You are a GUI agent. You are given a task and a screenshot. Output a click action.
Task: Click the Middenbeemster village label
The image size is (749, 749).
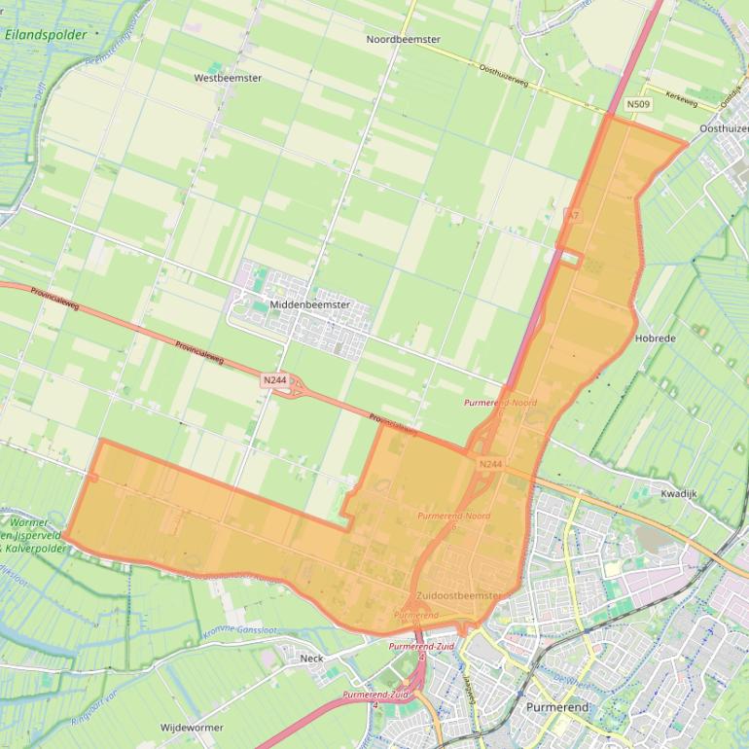[309, 304]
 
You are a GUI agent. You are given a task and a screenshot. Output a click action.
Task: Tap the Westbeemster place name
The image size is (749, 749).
[228, 78]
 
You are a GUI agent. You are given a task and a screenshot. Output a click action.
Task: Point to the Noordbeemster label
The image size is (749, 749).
[403, 40]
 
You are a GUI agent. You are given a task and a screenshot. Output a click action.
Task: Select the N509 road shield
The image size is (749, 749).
[638, 104]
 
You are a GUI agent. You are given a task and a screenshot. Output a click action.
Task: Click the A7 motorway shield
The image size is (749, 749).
[573, 215]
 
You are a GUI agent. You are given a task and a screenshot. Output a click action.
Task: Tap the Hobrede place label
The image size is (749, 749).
[655, 339]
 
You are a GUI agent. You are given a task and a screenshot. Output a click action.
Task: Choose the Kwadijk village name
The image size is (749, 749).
[679, 493]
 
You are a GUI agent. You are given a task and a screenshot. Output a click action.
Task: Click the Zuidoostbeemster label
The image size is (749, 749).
[458, 595]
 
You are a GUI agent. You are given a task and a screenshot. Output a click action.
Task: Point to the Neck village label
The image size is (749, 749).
[312, 659]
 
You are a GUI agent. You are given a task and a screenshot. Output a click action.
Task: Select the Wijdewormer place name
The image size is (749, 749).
[192, 727]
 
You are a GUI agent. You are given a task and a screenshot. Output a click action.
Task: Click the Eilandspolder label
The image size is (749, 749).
[46, 35]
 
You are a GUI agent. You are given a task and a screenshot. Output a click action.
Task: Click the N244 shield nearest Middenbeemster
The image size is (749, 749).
[274, 380]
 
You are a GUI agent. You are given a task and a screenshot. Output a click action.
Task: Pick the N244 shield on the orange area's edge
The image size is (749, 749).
[490, 464]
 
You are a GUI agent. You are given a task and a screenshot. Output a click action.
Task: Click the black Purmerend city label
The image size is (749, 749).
[556, 707]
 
